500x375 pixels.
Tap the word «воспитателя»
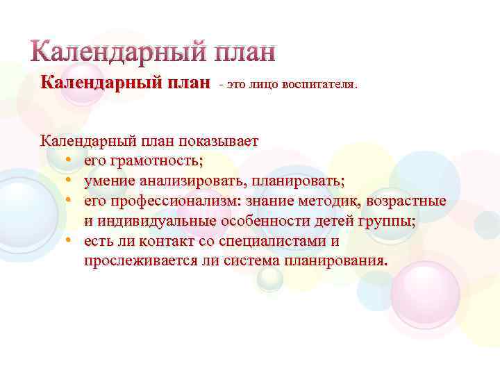(319, 85)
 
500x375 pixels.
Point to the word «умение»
(109, 181)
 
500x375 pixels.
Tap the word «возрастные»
(406, 201)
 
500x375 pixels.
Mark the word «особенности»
(267, 222)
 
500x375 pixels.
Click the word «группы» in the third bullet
(389, 222)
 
